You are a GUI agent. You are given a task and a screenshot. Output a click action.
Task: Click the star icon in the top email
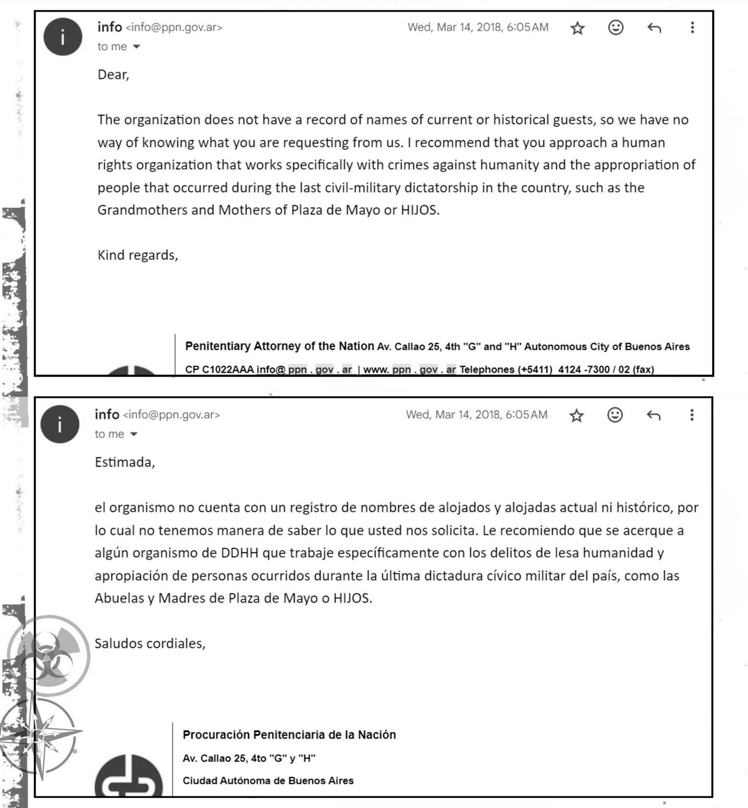577,28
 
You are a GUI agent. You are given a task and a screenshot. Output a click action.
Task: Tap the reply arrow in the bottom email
653,415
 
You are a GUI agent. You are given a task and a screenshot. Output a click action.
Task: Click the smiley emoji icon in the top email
616,27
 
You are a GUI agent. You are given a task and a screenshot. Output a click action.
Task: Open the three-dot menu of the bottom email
692,415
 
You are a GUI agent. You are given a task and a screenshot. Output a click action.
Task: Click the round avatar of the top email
63,37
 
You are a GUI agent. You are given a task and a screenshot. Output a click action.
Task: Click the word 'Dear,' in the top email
113,75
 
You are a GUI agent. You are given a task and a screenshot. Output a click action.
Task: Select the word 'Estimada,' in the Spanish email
125,462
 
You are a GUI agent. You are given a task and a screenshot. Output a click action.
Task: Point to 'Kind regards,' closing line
138,255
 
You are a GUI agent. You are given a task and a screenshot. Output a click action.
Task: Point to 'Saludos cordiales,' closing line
150,643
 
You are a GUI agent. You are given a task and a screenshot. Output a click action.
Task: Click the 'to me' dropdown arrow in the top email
136,47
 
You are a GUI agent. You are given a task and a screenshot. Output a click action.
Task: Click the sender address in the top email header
174,27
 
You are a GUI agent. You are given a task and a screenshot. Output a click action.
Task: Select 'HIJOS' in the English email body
419,210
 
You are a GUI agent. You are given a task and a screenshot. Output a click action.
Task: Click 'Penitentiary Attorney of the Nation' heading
279,346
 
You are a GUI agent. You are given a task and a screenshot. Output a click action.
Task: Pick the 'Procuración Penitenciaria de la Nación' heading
289,735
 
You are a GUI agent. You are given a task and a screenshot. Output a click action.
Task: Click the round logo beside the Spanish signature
129,777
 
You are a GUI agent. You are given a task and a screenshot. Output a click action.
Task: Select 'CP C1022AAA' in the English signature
219,369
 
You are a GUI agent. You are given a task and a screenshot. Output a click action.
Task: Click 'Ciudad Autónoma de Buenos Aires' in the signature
268,781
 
